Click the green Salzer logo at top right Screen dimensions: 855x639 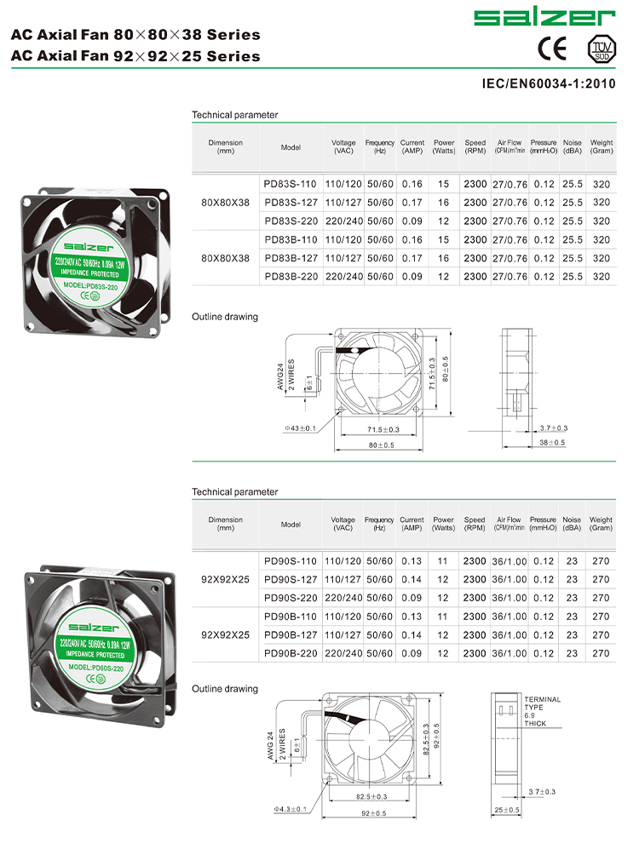point(544,17)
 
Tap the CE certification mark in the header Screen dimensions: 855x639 point(552,49)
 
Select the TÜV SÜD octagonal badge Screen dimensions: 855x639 point(601,49)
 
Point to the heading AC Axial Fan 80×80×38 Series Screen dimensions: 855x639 point(135,35)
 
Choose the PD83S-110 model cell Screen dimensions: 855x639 point(291,184)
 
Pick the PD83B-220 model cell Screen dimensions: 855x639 point(291,276)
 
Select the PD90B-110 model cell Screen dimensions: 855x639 point(291,616)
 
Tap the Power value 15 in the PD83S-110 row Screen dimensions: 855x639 point(443,184)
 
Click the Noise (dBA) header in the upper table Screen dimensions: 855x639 point(573,146)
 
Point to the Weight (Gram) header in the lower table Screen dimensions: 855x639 point(601,524)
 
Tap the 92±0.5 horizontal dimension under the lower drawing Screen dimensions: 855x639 point(368,813)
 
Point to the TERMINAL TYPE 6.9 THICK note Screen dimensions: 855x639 point(542,711)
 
